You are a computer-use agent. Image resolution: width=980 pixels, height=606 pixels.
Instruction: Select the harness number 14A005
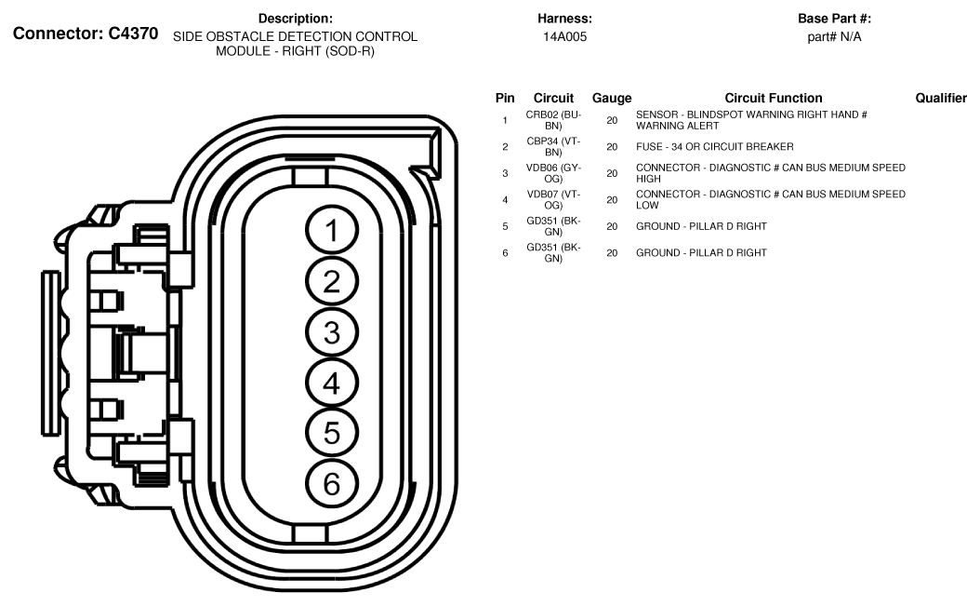[564, 37]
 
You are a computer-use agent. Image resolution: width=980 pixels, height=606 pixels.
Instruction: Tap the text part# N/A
[834, 37]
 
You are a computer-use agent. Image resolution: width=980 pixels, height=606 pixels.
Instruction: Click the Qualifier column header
[947, 98]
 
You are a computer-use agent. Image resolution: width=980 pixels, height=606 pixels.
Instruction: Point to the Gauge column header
[612, 98]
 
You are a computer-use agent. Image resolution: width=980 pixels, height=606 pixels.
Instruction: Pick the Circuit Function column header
[773, 98]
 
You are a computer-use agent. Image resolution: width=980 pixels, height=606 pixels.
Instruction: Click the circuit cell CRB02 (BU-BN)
[553, 120]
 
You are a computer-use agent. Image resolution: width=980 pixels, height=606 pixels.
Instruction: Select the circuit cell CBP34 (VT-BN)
[553, 146]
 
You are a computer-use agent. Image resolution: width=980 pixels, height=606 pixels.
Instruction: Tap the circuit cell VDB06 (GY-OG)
[553, 173]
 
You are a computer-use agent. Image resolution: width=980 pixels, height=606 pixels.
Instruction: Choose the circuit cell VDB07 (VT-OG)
[553, 199]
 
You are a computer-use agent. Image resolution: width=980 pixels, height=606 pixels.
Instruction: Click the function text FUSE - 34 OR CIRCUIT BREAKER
[714, 147]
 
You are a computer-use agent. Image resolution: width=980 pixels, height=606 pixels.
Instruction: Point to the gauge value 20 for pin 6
[612, 252]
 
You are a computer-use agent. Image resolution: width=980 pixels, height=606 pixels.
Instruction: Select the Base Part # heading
[834, 19]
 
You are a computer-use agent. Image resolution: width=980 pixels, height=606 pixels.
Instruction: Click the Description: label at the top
[295, 19]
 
